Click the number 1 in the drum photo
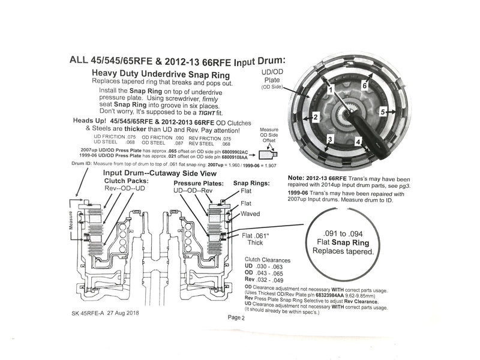pos(329,89)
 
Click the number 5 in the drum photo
pos(382,112)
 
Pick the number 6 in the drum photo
pos(364,86)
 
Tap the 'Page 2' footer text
pos(236,319)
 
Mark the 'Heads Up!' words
pos(90,120)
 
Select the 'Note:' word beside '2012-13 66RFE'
pos(299,178)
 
